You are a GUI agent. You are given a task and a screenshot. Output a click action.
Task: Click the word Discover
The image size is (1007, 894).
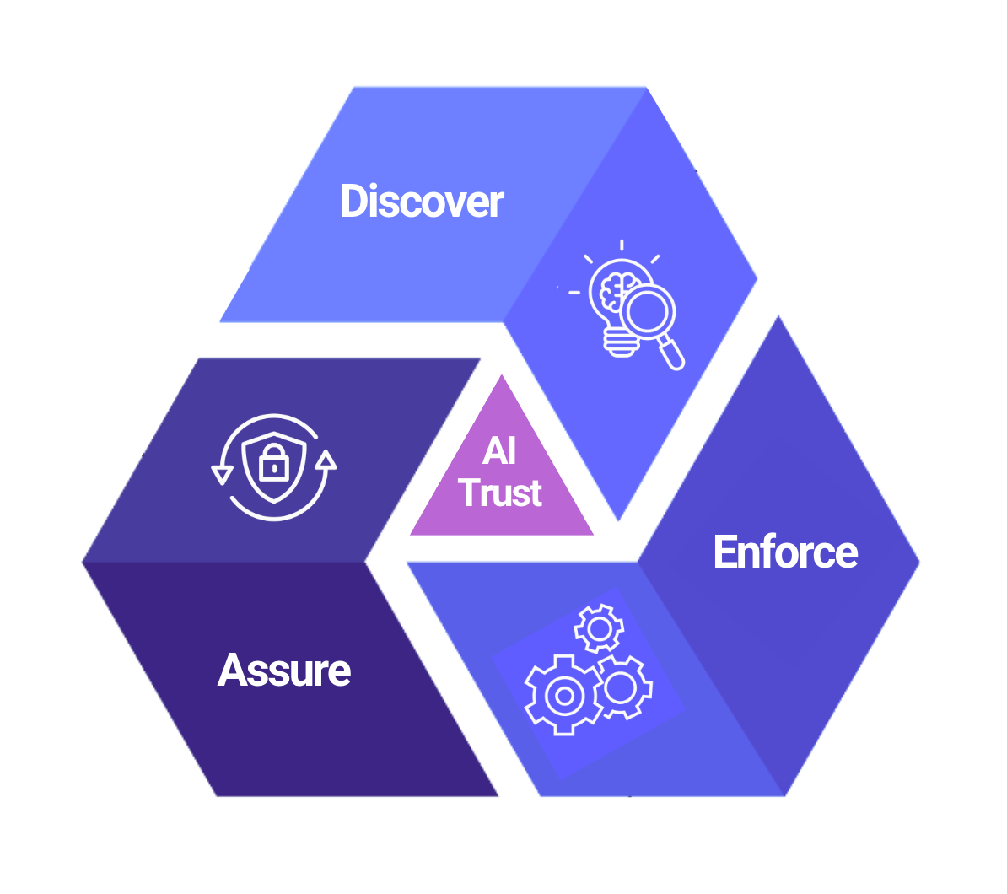pos(422,202)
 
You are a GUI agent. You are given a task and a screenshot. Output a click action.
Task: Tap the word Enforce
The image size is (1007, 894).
pos(785,552)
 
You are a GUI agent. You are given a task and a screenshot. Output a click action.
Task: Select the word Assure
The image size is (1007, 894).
pos(284,670)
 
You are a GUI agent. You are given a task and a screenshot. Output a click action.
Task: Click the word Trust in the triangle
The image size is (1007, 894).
pos(501,493)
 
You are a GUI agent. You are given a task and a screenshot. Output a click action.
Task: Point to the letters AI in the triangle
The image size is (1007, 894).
pos(499,451)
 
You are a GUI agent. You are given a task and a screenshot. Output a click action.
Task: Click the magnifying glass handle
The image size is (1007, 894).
pos(671,353)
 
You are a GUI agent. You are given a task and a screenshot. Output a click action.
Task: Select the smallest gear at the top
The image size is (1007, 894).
pos(599,628)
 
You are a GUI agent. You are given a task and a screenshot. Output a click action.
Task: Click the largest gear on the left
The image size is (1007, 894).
pos(563,695)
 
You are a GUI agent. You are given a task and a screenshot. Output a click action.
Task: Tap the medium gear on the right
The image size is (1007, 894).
pos(622,687)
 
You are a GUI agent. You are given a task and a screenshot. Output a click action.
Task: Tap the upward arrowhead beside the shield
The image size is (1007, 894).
pos(326,460)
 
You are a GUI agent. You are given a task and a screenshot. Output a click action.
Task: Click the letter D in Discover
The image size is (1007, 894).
pos(353,202)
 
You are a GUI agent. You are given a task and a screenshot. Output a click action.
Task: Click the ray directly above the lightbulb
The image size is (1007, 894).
pos(622,245)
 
